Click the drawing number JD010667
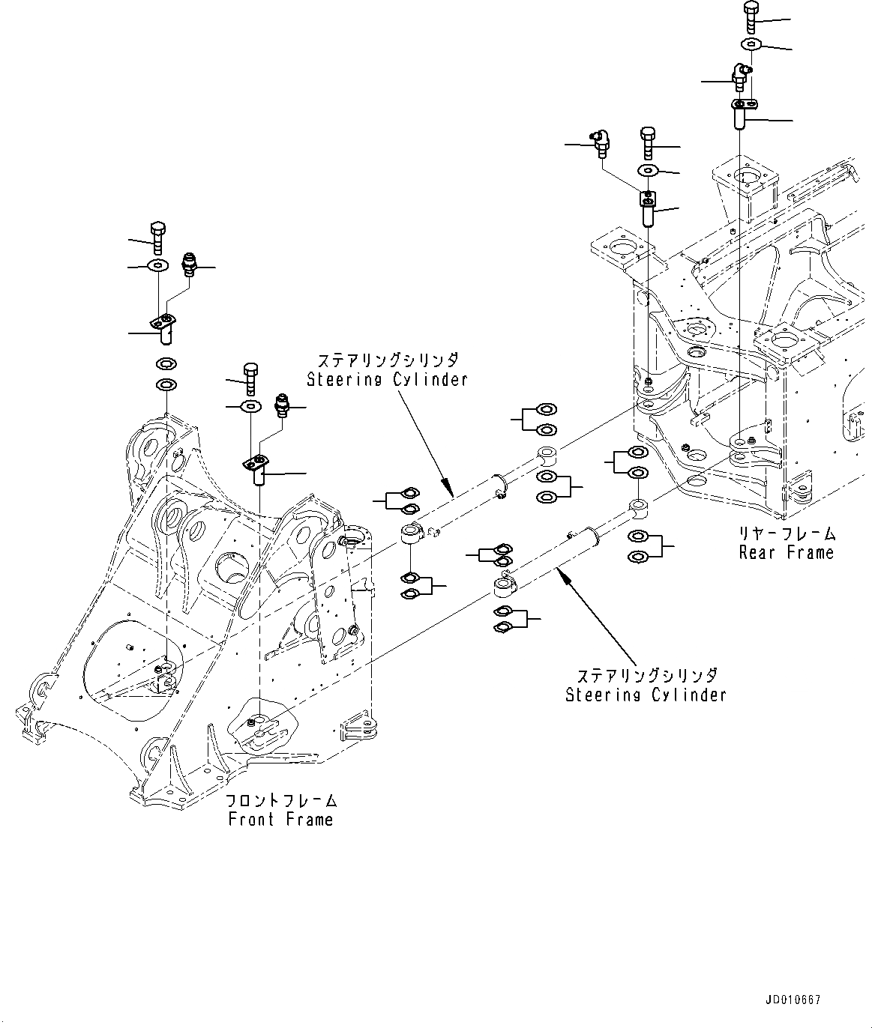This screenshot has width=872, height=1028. [x=793, y=1000]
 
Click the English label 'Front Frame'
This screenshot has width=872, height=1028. [x=280, y=819]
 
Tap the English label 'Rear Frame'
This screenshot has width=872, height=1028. [x=786, y=553]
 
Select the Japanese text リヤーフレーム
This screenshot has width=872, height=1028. [x=786, y=534]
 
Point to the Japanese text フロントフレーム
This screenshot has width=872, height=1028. [x=281, y=801]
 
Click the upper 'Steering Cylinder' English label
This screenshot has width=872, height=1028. [x=387, y=379]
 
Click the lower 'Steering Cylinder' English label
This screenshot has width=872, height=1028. [x=646, y=695]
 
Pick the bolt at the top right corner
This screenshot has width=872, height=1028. [x=752, y=15]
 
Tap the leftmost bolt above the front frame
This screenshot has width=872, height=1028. [x=158, y=238]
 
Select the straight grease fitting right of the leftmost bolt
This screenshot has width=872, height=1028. [x=189, y=265]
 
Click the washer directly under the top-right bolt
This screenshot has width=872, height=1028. [x=751, y=44]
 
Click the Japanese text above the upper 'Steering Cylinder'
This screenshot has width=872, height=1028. [x=387, y=360]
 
